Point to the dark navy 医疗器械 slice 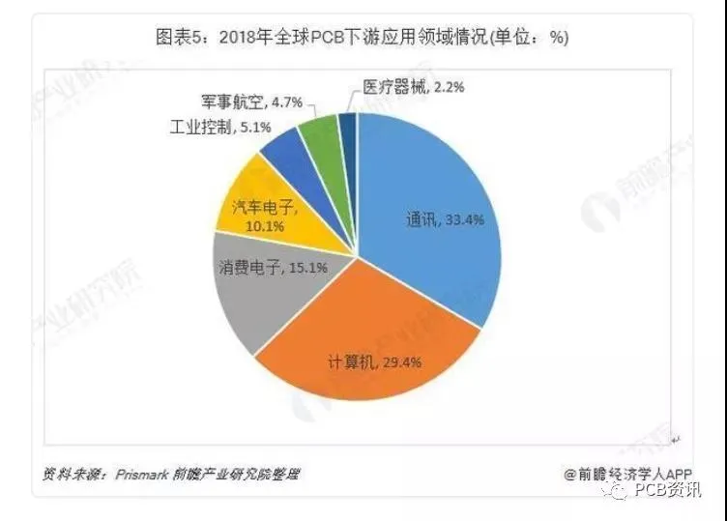(349, 139)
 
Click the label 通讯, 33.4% (445, 219)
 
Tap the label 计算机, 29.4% (375, 362)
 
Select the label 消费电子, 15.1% (273, 268)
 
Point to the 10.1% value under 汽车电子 (265, 226)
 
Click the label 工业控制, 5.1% (220, 127)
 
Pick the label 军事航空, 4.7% (251, 101)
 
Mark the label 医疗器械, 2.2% (413, 87)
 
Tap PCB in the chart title (328, 37)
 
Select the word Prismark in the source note (142, 475)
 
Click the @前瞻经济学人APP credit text (627, 475)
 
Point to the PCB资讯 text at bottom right (668, 489)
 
